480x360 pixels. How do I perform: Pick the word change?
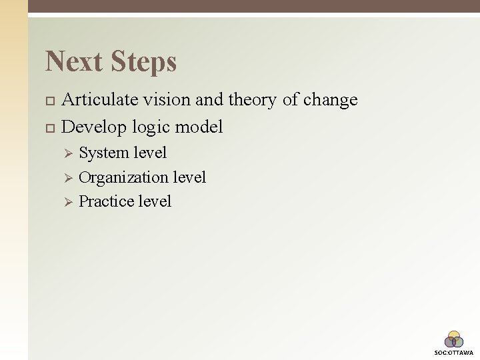(330, 100)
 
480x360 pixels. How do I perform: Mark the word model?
(199, 127)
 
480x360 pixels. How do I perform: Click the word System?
(104, 153)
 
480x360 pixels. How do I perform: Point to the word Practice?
(106, 201)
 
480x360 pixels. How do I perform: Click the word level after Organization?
(189, 177)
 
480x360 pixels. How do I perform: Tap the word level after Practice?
(155, 201)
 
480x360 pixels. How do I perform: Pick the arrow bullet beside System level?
(67, 153)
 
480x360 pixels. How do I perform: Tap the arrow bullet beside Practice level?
(67, 202)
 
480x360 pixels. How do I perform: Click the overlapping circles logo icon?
(454, 339)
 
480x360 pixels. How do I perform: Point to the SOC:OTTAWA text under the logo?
(454, 352)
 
